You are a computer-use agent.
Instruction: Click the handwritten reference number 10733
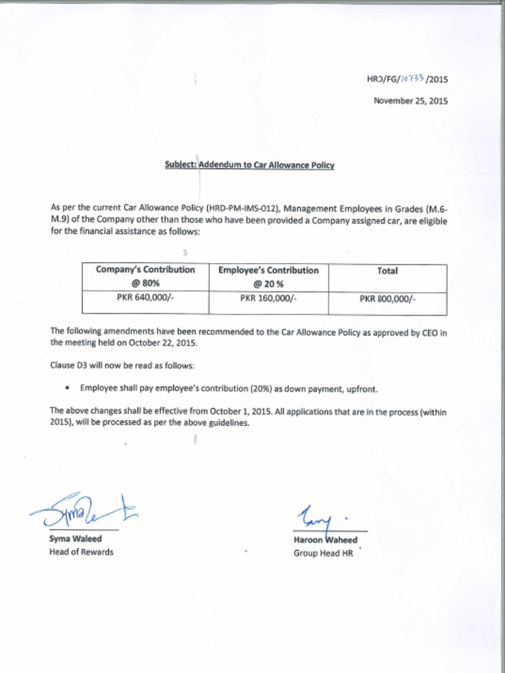click(412, 80)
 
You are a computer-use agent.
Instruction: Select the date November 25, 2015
click(410, 101)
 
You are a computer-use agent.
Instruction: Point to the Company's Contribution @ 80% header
click(145, 277)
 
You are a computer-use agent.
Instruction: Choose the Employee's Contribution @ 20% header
click(268, 277)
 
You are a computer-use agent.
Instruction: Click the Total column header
click(387, 271)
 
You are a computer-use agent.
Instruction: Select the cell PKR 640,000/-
click(145, 298)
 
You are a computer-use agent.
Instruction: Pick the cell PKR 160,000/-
click(268, 298)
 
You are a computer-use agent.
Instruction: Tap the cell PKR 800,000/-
click(387, 299)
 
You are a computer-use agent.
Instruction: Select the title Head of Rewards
click(81, 552)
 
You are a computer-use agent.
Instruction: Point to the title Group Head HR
click(323, 553)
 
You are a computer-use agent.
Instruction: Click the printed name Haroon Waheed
click(325, 540)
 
